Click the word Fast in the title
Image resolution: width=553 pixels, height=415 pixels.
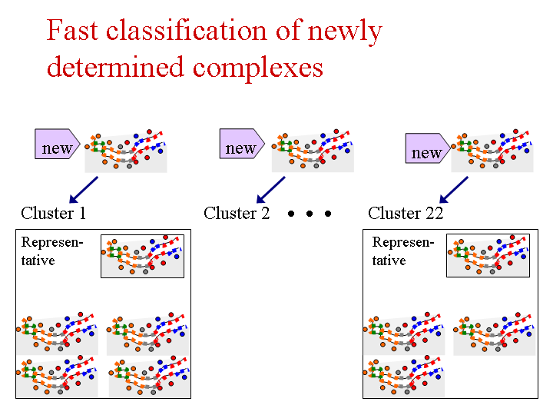72,30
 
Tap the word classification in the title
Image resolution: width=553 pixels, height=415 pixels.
186,30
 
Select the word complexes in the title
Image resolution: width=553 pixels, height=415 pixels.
258,68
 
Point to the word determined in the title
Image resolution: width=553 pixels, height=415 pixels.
115,67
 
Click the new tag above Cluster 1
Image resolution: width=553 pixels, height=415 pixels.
57,144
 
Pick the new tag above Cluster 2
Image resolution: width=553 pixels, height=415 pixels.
242,143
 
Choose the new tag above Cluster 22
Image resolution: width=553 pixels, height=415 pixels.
428,148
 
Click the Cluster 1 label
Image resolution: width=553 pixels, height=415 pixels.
53,213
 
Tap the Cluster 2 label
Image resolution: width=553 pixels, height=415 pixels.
237,213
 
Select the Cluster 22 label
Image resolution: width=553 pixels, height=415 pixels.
406,213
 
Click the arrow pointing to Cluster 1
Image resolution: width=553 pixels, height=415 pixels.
84,190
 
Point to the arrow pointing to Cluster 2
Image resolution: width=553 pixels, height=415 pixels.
270,190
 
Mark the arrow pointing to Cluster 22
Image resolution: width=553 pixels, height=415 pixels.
454,190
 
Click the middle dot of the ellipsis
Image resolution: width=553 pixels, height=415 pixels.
310,214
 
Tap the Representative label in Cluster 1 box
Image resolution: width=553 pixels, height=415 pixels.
52,251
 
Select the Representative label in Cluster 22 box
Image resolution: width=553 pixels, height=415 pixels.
402,251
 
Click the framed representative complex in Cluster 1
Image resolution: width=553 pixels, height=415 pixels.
143,256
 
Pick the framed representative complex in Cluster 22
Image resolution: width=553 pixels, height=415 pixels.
488,255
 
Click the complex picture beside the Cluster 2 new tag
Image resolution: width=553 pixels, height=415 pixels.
313,151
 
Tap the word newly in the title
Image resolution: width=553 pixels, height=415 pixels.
345,32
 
